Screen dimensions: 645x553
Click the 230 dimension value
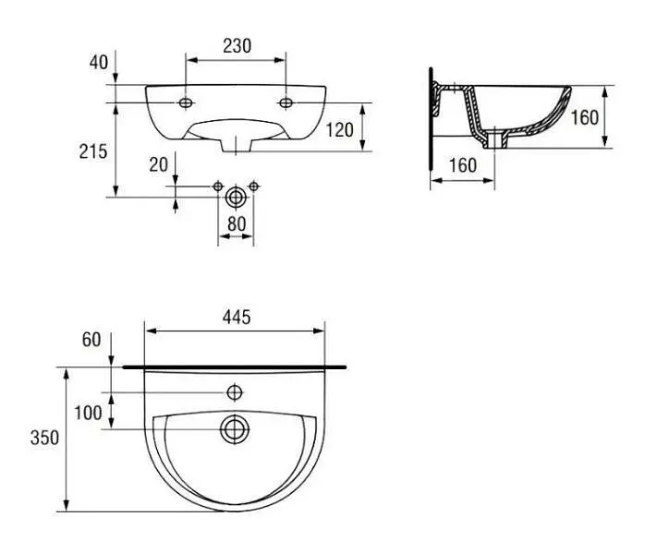point(237,46)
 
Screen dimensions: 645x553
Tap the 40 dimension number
point(99,63)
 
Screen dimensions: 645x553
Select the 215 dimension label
point(93,151)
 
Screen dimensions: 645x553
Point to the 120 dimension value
point(340,130)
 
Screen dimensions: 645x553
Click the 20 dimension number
point(158,165)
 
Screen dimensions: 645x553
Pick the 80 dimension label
point(237,224)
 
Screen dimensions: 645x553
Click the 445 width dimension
point(237,318)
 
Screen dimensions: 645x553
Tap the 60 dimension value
point(91,340)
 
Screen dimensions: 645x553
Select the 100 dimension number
point(88,413)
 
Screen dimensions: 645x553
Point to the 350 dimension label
point(44,438)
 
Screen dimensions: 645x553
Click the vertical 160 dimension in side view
point(585,118)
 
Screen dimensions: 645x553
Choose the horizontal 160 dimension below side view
point(463,165)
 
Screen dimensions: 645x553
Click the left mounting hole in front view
point(186,102)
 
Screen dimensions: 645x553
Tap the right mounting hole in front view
point(286,102)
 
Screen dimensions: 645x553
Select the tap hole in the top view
point(235,392)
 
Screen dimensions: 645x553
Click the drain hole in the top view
point(235,429)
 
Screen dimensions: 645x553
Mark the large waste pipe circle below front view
point(236,198)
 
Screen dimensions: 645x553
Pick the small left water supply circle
point(218,186)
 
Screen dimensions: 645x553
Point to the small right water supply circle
point(254,186)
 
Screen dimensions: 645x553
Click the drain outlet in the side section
point(495,139)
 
